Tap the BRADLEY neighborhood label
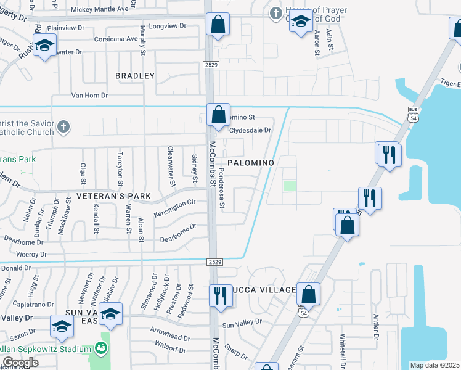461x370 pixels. tap(135, 76)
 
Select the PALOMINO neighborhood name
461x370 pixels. tap(250, 162)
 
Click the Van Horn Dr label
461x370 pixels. tap(89, 96)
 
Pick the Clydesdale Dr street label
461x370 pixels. tap(250, 130)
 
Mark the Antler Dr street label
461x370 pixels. tap(375, 327)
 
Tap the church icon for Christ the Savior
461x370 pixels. tap(62, 127)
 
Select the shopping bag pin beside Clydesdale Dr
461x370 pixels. tap(218, 114)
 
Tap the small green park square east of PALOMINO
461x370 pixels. tap(289, 186)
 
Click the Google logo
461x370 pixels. tap(20, 363)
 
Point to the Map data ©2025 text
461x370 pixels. tap(435, 365)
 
